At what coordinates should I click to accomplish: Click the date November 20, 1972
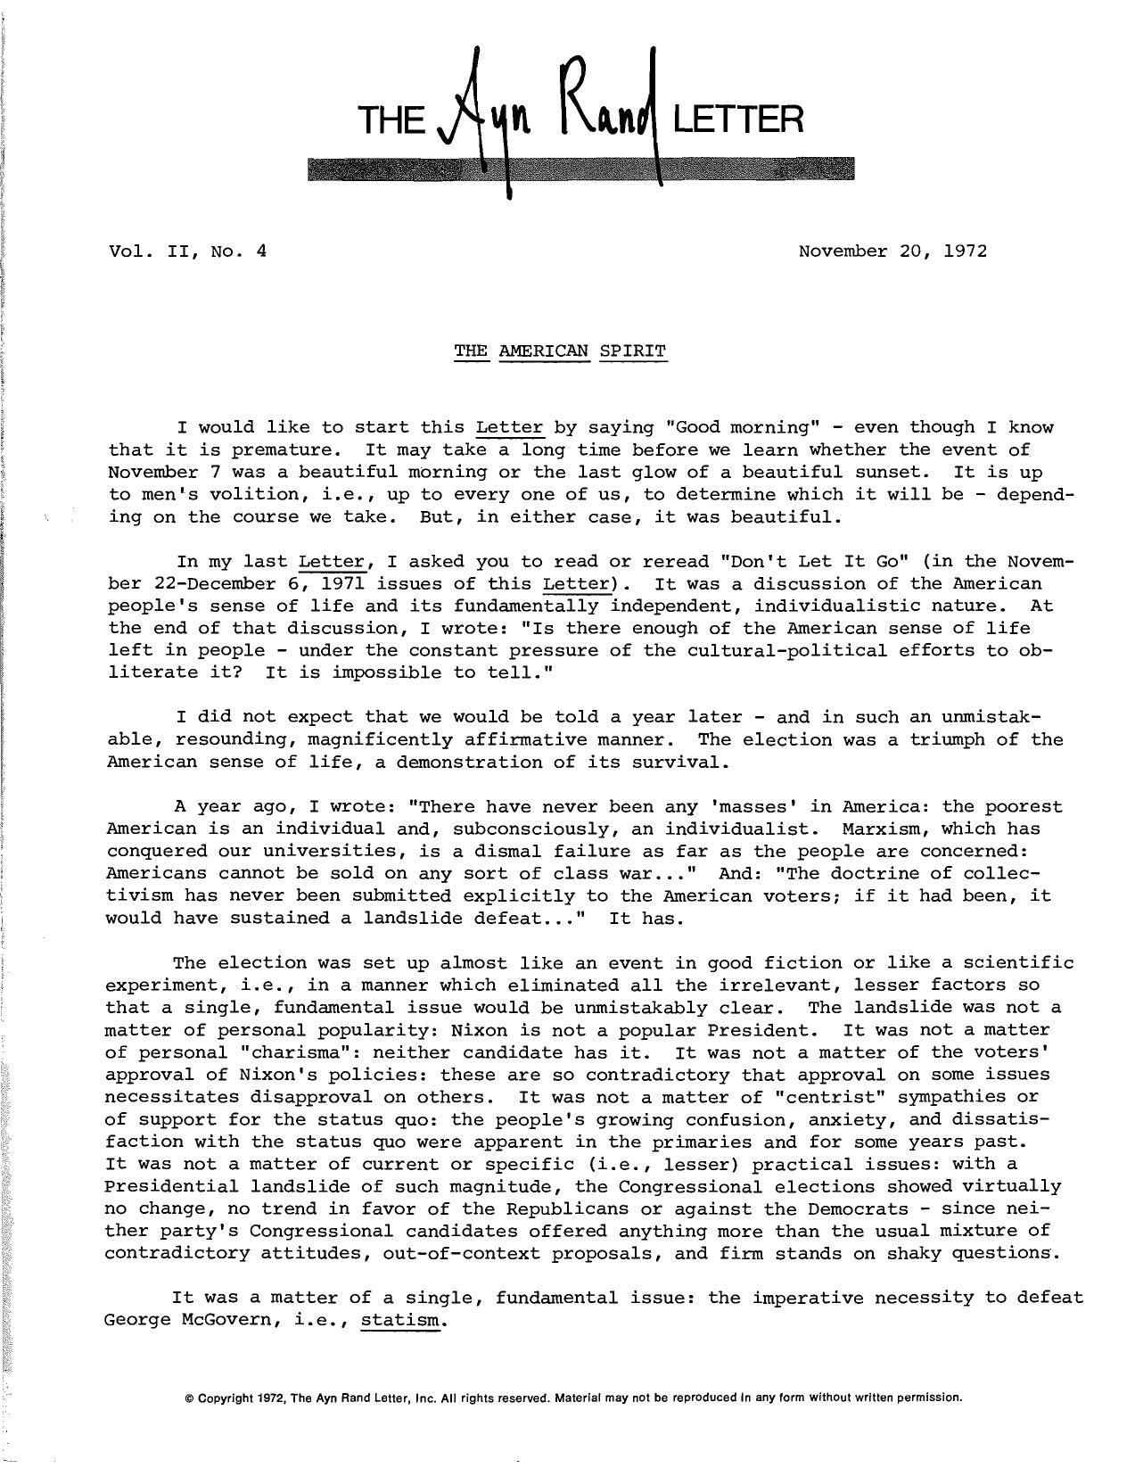[892, 251]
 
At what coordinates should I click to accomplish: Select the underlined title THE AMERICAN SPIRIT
[560, 351]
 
